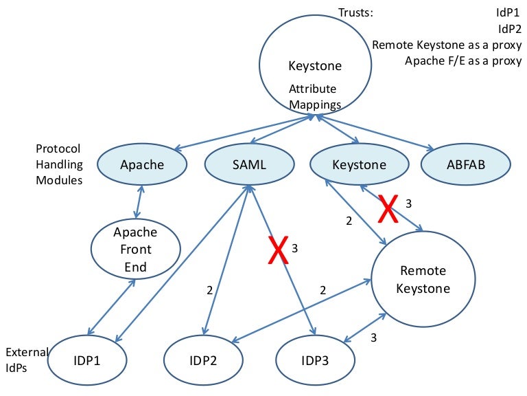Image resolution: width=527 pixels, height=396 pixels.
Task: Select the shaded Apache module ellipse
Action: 142,165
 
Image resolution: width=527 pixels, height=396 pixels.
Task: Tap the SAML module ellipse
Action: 245,165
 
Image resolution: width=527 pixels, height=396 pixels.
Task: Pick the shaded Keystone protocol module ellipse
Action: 359,165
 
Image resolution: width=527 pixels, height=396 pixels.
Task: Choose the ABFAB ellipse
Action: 465,165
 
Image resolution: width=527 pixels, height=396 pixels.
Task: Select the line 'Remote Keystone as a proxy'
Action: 447,45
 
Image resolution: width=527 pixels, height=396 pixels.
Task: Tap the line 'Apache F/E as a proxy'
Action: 463,60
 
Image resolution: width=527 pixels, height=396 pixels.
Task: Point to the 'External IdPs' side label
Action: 26,360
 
